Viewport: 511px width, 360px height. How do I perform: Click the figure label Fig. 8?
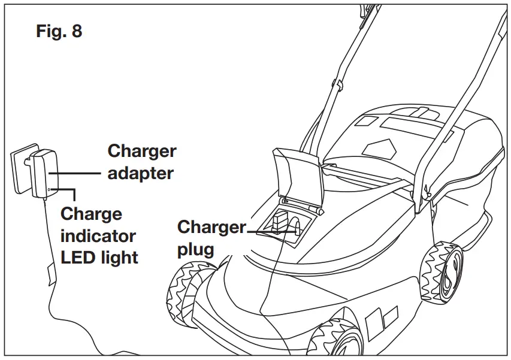point(59,31)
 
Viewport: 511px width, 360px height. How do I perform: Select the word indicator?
point(98,235)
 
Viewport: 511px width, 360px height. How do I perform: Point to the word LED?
point(78,258)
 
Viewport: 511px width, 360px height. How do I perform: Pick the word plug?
point(195,249)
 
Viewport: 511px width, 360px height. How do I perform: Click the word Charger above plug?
point(211,228)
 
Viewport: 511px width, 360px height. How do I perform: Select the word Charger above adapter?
point(142,151)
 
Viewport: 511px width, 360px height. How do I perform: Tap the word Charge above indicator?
point(91,214)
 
